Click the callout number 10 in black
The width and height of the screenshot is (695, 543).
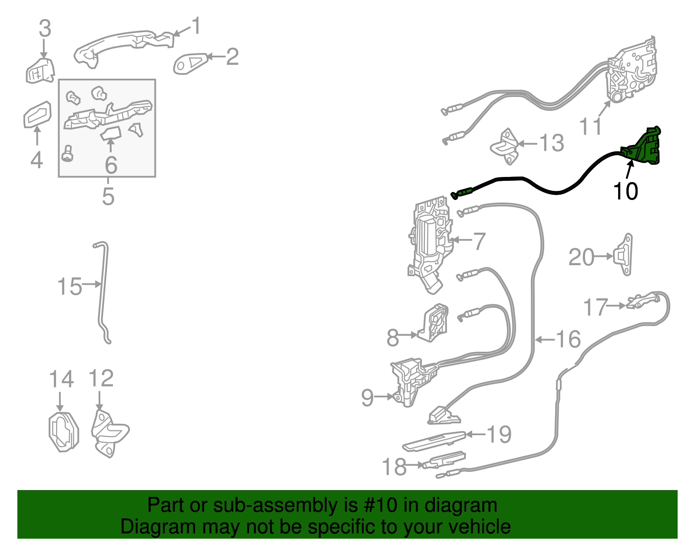coord(625,191)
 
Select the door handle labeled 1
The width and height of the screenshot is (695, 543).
coord(122,45)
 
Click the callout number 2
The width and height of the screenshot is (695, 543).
coord(232,57)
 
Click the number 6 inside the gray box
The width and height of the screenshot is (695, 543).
coord(111,165)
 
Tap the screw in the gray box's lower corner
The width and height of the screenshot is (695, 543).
coord(68,153)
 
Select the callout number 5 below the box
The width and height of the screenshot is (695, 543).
coord(108,197)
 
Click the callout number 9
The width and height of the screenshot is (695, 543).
coord(367,397)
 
